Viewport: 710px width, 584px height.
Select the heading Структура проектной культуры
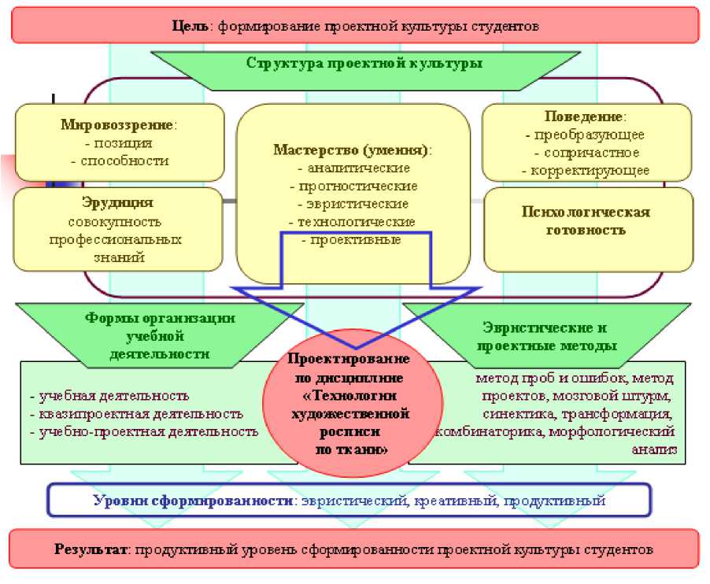pos(364,64)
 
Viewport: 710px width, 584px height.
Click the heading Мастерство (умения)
pos(352,150)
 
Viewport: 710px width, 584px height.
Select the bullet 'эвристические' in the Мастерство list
pos(353,204)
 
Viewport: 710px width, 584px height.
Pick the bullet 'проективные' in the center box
pos(352,240)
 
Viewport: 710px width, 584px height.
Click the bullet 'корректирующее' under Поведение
pos(587,170)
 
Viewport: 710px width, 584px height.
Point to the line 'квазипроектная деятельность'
pos(136,413)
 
